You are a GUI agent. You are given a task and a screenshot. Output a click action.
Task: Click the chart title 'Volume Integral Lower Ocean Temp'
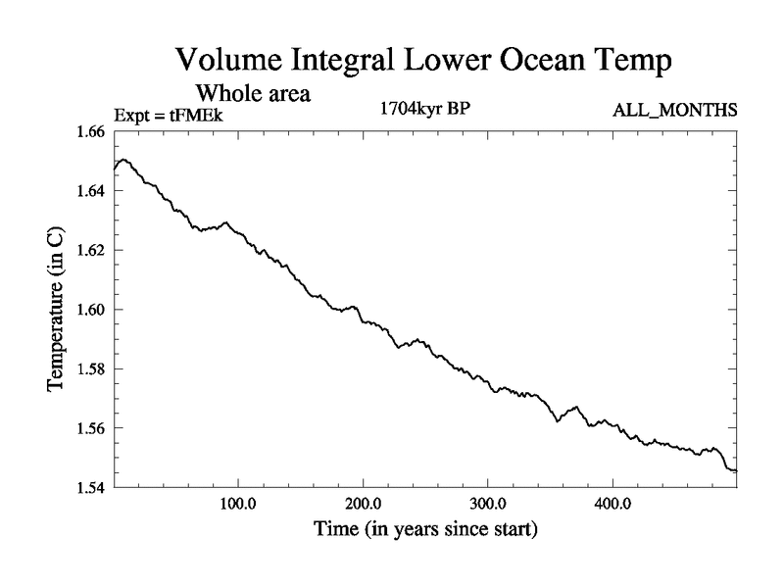coord(423,61)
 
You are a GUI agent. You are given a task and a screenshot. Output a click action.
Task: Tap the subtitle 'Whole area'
coord(254,94)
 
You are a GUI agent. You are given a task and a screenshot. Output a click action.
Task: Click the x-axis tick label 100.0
coord(238,507)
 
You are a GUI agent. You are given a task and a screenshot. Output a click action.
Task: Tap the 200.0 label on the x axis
coord(364,507)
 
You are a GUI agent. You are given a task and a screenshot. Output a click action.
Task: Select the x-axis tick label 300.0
coord(488,507)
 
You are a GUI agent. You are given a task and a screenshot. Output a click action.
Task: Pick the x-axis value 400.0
coord(612,507)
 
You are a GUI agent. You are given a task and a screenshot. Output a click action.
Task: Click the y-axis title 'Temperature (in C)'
coord(57,310)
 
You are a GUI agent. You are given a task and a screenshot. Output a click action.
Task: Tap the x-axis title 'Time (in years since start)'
coord(424,531)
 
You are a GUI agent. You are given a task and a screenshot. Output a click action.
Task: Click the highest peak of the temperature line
coord(122,159)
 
